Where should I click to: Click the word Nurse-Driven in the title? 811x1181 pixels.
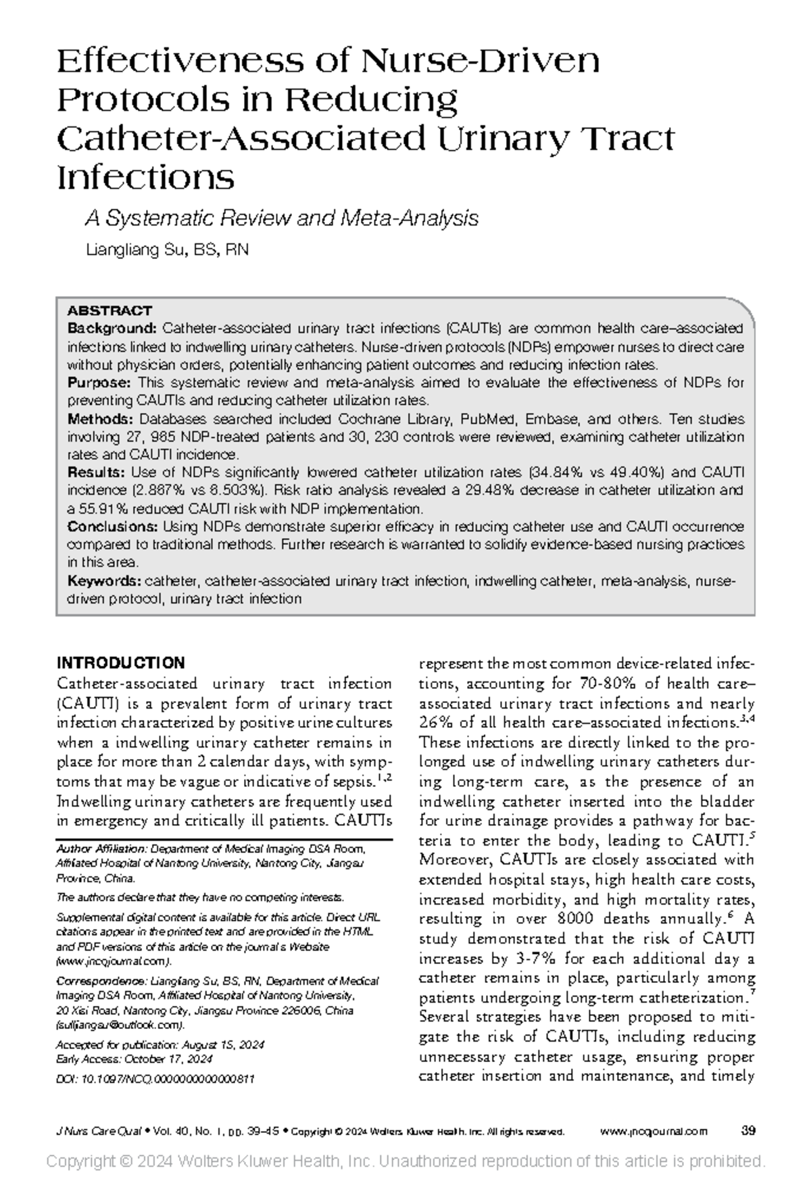pos(481,62)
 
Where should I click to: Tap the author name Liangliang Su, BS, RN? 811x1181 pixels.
pos(168,250)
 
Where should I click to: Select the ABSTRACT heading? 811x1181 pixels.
pos(109,311)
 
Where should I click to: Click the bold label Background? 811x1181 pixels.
pos(112,329)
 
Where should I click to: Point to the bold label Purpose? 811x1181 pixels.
pos(99,383)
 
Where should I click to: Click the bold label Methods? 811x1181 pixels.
pos(101,419)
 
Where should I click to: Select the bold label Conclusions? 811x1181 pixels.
pos(112,526)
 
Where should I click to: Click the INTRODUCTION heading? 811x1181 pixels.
pos(121,662)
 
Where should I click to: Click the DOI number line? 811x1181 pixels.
pos(155,1080)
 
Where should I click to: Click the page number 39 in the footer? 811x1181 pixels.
pos(748,1131)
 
